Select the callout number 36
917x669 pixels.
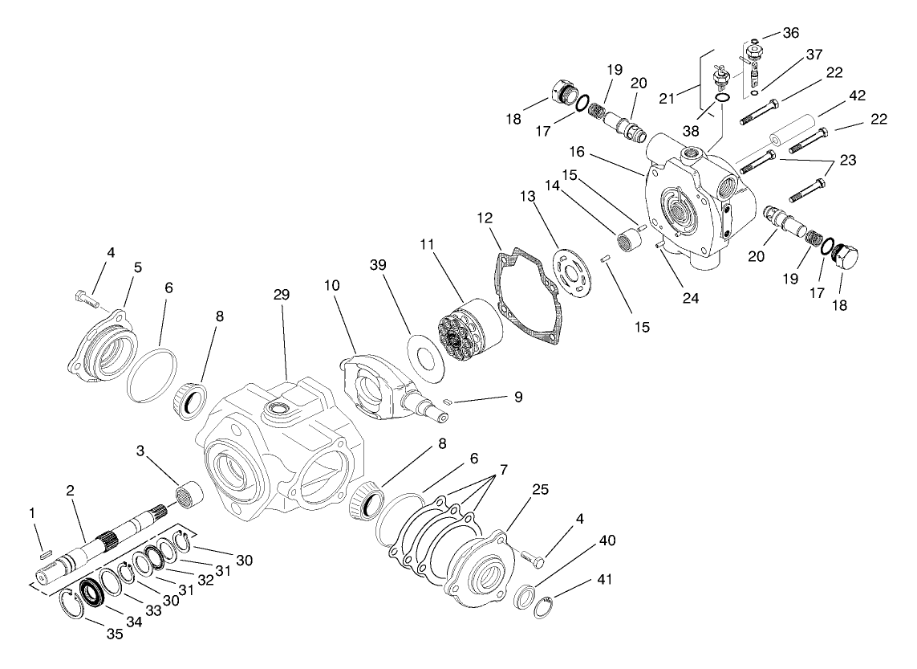click(791, 33)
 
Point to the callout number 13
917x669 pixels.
click(526, 197)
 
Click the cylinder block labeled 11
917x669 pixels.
click(469, 328)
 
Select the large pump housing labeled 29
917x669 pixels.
click(277, 450)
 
